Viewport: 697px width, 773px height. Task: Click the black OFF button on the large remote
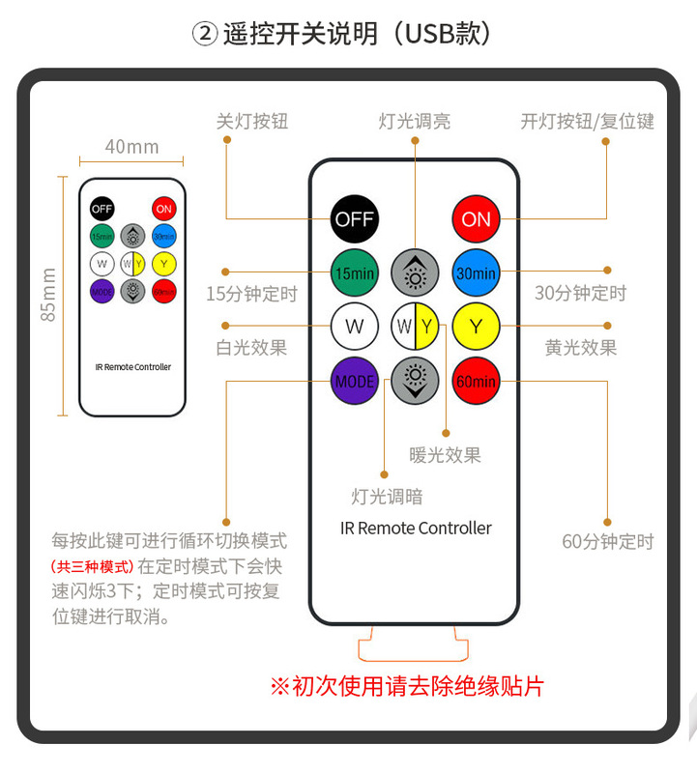click(354, 219)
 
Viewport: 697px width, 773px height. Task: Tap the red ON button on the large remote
click(476, 219)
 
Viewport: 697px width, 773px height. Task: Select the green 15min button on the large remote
click(354, 273)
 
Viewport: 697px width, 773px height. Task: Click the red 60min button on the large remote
click(476, 381)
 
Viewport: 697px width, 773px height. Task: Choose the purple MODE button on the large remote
click(354, 381)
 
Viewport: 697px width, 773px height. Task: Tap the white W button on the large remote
click(354, 327)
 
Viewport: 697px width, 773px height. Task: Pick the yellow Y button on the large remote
click(476, 327)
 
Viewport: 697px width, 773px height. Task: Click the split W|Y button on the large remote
click(415, 327)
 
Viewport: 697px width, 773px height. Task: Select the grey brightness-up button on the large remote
click(415, 273)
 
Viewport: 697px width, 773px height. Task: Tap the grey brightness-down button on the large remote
click(415, 381)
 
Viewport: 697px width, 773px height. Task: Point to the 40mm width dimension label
click(131, 147)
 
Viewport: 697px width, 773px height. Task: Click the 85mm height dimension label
click(49, 295)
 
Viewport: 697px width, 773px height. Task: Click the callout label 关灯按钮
click(252, 122)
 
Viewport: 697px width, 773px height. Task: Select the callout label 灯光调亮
click(415, 122)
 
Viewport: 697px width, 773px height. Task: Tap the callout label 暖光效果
click(445, 454)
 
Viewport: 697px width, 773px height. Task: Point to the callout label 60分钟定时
click(608, 541)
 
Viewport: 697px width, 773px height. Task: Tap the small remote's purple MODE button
click(102, 290)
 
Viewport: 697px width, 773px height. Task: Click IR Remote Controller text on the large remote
click(416, 529)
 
